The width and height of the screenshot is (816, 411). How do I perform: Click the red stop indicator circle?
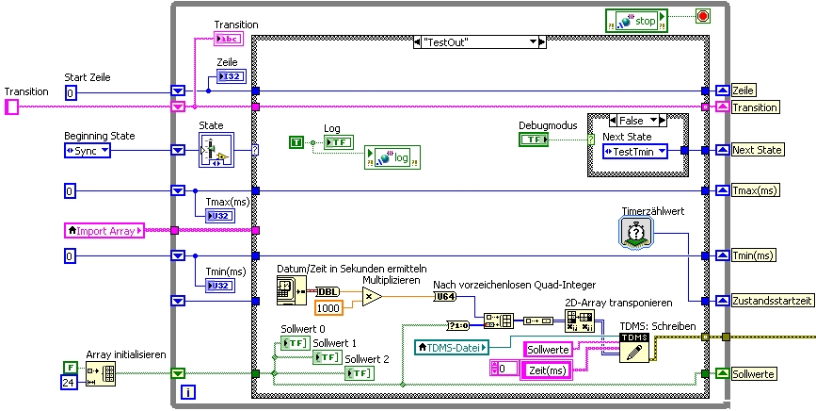coord(701,16)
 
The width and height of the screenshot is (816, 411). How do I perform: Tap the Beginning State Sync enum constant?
coord(87,150)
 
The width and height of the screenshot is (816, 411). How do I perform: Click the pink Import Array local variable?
coord(104,230)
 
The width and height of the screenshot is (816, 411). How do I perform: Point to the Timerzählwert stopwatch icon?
coord(635,232)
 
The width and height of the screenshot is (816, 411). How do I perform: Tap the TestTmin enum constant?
coord(634,151)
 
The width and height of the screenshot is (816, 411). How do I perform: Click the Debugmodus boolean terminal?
coord(534,139)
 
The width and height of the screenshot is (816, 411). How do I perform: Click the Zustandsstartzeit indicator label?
coord(769,301)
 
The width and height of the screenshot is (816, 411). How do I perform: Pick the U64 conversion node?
coord(444,297)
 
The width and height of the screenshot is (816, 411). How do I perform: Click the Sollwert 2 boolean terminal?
coord(360,374)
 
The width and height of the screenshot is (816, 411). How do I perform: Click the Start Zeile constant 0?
coord(71,91)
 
